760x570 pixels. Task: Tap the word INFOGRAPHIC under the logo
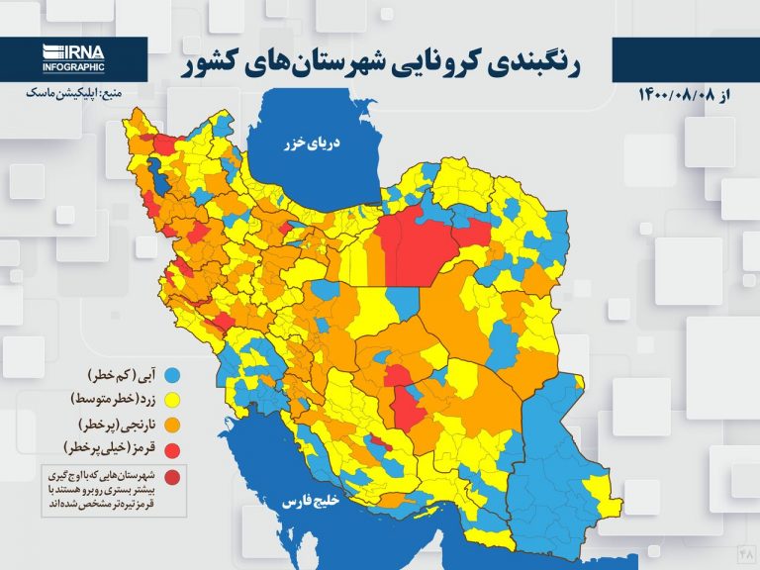[72, 67]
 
